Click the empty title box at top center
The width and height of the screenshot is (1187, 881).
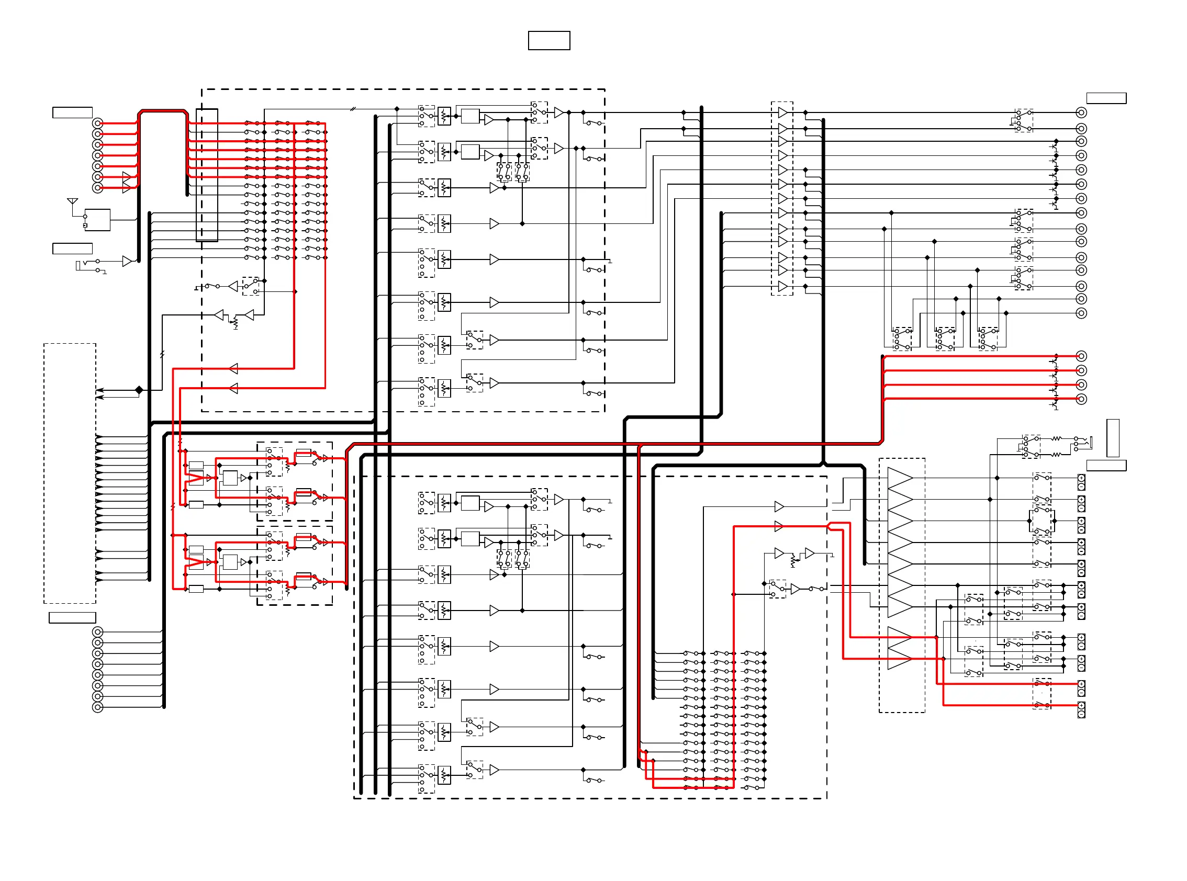pos(548,40)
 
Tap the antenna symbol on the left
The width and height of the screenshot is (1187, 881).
pos(73,201)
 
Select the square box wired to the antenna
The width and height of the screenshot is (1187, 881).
pos(97,220)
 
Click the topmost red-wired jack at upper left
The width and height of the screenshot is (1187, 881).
pos(98,123)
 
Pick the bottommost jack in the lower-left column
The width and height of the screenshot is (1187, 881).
pos(98,707)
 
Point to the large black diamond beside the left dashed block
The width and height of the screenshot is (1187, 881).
pos(139,390)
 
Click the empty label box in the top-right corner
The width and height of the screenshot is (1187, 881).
pos(1106,98)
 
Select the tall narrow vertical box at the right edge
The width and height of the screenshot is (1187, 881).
pos(1112,438)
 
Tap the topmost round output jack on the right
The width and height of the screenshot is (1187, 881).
pos(1081,112)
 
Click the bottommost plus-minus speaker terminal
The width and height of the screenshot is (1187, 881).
pos(1081,710)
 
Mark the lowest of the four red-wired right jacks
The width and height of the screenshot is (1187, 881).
pos(1081,399)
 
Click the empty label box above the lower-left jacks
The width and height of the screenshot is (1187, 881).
pos(73,617)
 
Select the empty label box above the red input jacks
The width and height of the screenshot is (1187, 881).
pos(73,112)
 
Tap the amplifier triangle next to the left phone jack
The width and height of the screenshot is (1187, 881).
pos(127,261)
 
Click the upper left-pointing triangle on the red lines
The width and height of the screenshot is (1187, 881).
pos(233,368)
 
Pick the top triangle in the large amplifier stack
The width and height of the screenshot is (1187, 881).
pos(900,478)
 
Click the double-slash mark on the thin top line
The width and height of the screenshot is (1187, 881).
pos(353,109)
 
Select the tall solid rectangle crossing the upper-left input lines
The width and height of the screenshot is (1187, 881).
pos(207,175)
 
